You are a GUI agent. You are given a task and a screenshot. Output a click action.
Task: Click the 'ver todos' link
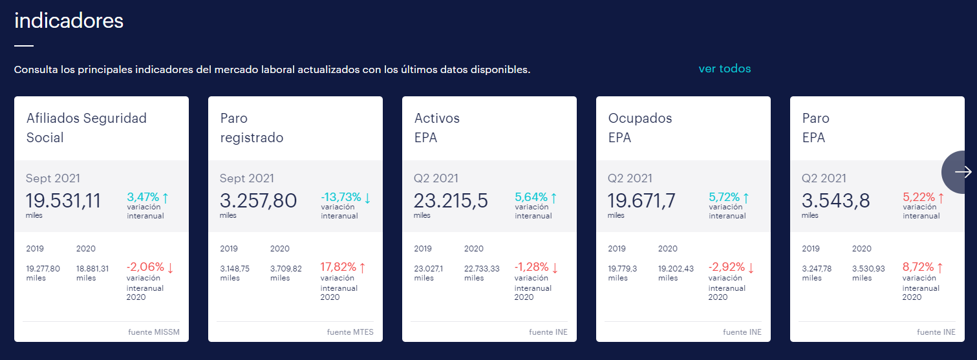(x=724, y=69)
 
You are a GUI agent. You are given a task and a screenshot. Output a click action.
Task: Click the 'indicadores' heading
(x=69, y=21)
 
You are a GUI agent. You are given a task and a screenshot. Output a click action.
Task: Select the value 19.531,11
(x=63, y=200)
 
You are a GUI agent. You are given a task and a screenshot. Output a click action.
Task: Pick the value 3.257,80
(x=258, y=200)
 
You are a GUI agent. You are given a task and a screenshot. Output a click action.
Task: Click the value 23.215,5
(x=451, y=200)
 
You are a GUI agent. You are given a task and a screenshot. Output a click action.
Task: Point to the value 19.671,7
(x=641, y=200)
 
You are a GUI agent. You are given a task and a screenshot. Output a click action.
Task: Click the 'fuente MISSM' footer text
(x=154, y=332)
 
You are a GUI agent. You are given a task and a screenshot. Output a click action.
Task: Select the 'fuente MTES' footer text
(x=350, y=332)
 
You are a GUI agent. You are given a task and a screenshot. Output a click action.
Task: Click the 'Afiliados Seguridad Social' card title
(x=87, y=127)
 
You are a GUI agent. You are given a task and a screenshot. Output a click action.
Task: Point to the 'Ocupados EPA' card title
(x=640, y=127)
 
